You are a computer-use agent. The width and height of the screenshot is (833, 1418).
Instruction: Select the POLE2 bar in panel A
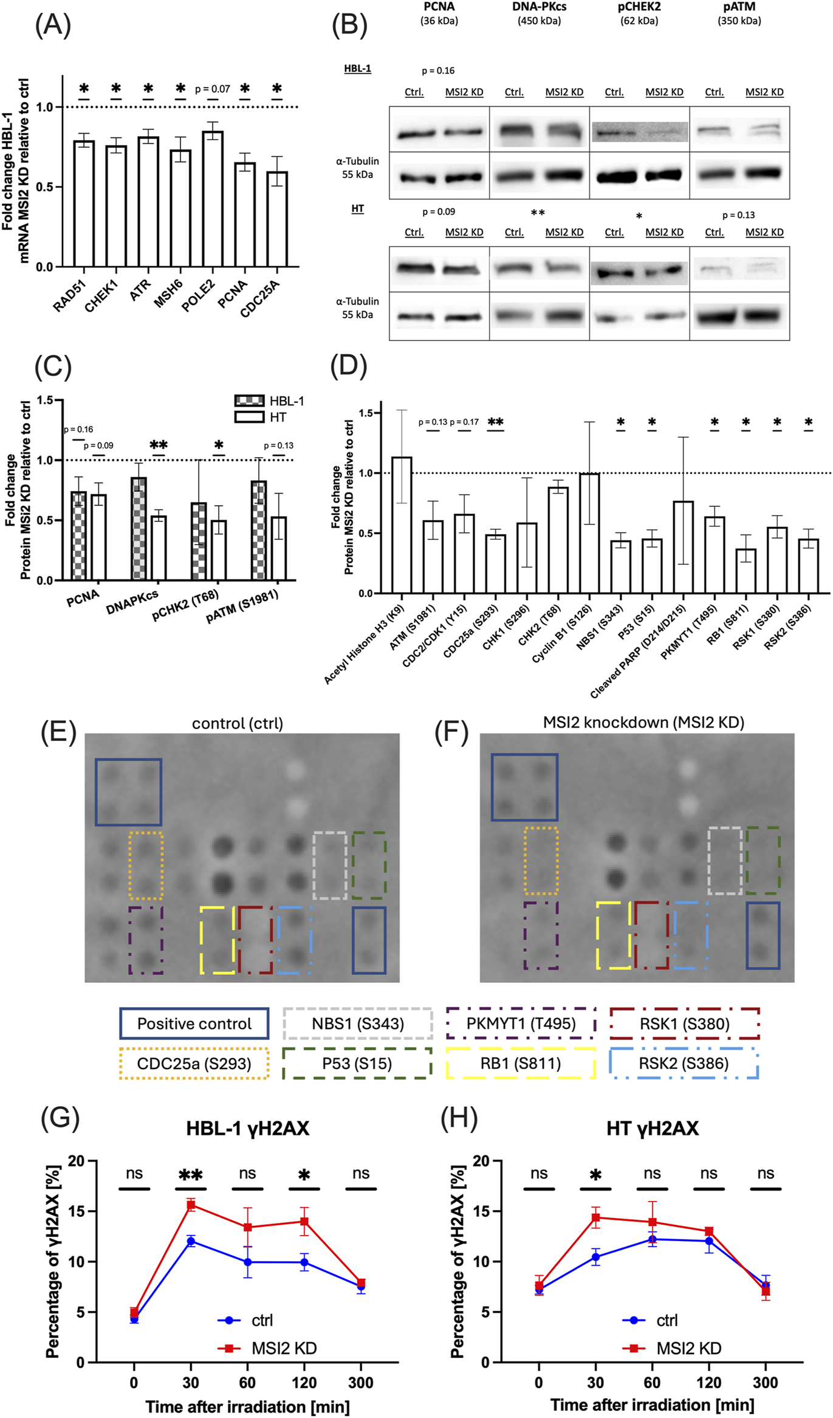click(213, 199)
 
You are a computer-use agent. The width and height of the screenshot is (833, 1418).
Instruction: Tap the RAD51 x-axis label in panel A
click(69, 297)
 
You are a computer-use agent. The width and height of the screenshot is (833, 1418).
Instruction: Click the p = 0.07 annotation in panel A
click(212, 89)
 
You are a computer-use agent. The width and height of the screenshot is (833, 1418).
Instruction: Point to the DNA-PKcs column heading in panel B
click(539, 7)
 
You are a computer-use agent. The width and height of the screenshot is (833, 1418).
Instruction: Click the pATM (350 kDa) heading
click(739, 13)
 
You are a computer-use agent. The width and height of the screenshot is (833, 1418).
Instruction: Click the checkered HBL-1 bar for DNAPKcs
click(139, 528)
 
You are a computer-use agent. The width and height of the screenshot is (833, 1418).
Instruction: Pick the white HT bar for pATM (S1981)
click(279, 548)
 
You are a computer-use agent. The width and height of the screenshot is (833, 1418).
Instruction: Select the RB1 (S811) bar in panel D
click(746, 571)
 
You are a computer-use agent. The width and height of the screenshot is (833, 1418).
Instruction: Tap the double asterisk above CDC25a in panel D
click(495, 422)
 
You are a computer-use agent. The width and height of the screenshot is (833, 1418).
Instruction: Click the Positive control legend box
click(194, 1024)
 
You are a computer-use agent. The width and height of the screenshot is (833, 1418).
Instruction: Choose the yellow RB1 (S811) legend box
click(521, 1063)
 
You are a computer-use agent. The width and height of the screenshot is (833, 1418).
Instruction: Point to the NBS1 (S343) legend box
click(358, 1024)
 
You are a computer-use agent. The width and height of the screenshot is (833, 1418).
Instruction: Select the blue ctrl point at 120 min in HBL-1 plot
click(304, 1262)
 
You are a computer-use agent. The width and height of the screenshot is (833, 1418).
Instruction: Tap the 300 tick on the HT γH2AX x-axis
click(765, 1383)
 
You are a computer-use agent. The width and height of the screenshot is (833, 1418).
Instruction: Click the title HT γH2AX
click(652, 1129)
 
